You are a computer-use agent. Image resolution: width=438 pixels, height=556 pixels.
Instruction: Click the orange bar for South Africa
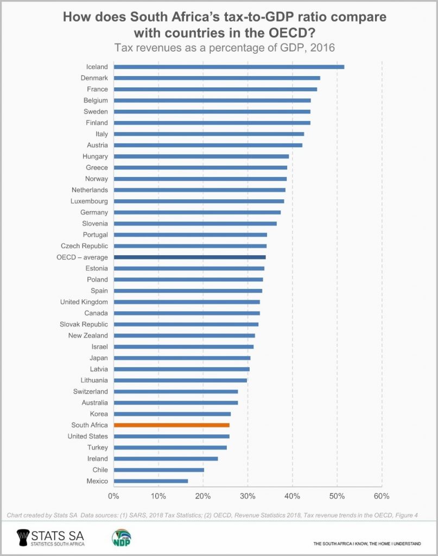[x=172, y=425]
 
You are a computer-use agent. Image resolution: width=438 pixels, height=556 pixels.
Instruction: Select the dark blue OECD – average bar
[x=189, y=257]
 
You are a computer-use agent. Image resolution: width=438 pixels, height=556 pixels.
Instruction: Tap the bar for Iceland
[x=228, y=67]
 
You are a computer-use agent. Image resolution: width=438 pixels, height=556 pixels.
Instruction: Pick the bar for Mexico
[x=150, y=481]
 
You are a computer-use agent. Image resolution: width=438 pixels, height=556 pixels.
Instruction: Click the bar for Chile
[x=158, y=470]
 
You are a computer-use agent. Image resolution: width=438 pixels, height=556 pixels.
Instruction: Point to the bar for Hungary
[x=201, y=156]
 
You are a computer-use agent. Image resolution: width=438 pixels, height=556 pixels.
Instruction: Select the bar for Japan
[x=182, y=358]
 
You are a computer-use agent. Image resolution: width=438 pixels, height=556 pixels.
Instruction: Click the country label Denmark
[x=93, y=78]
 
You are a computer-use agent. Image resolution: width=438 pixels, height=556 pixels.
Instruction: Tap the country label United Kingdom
[x=84, y=302]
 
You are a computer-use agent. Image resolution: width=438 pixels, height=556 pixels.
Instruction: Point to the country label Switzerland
[x=90, y=391]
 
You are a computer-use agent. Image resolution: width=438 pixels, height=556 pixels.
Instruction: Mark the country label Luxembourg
[x=89, y=201]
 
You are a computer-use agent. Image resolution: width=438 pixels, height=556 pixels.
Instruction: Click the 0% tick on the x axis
[x=113, y=496]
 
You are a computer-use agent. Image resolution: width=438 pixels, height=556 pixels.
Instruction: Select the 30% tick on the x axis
[x=247, y=496]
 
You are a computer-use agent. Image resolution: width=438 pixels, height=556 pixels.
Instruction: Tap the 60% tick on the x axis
[x=382, y=496]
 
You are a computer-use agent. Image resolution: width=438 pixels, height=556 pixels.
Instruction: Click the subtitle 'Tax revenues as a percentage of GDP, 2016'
[x=224, y=48]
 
